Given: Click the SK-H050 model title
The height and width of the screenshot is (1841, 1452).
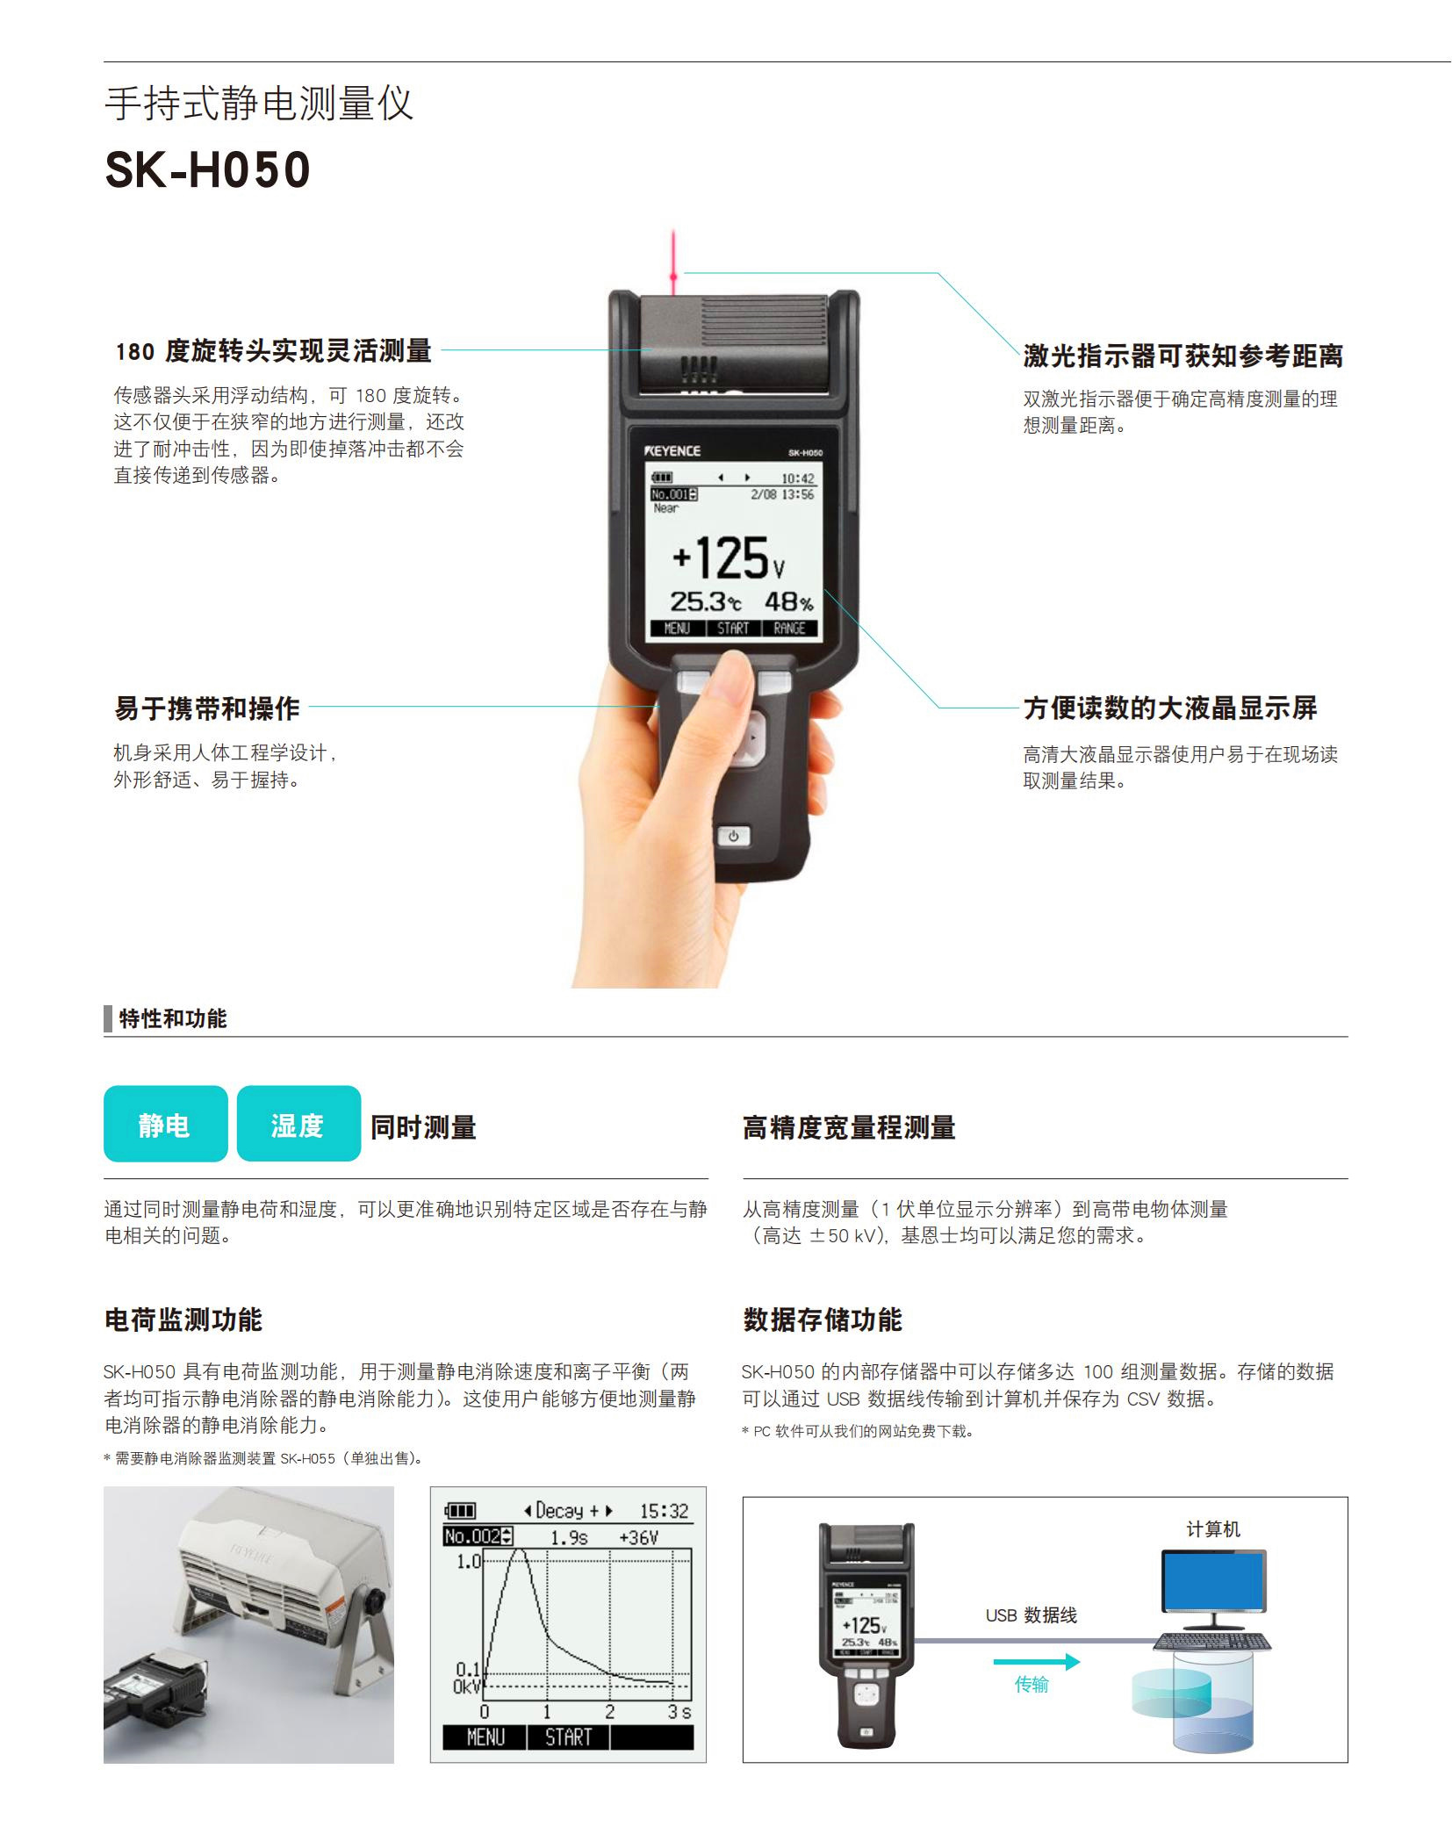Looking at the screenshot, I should [207, 169].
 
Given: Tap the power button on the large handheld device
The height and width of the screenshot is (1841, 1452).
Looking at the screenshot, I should [733, 836].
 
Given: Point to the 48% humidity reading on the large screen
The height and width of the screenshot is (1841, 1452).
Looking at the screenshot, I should [787, 602].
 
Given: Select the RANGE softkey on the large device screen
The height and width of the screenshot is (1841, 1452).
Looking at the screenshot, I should [789, 628].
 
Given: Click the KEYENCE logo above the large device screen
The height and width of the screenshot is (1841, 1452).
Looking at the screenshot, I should [672, 451].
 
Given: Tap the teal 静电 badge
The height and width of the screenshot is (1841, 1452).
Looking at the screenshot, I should [165, 1125].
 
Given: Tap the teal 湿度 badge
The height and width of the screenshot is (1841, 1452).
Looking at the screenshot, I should [298, 1125].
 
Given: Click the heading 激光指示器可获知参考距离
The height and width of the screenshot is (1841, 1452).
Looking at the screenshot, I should [1182, 356].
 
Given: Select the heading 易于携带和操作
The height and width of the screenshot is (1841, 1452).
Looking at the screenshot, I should [207, 708].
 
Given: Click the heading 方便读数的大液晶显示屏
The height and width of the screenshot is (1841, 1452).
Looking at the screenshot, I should [1169, 708].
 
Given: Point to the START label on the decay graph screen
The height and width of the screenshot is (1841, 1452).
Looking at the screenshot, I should [568, 1737].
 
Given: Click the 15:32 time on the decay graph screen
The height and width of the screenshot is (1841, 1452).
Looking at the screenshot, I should [664, 1511].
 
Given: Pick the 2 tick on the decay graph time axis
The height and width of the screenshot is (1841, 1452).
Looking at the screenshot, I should [609, 1711].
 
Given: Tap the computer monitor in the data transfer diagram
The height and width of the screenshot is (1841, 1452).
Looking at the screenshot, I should [1213, 1580].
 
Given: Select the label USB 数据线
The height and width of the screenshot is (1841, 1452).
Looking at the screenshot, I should [1031, 1615].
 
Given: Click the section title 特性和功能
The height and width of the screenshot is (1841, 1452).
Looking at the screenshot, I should [172, 1018].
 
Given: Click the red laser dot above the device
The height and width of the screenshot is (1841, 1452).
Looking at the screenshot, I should [673, 277].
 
